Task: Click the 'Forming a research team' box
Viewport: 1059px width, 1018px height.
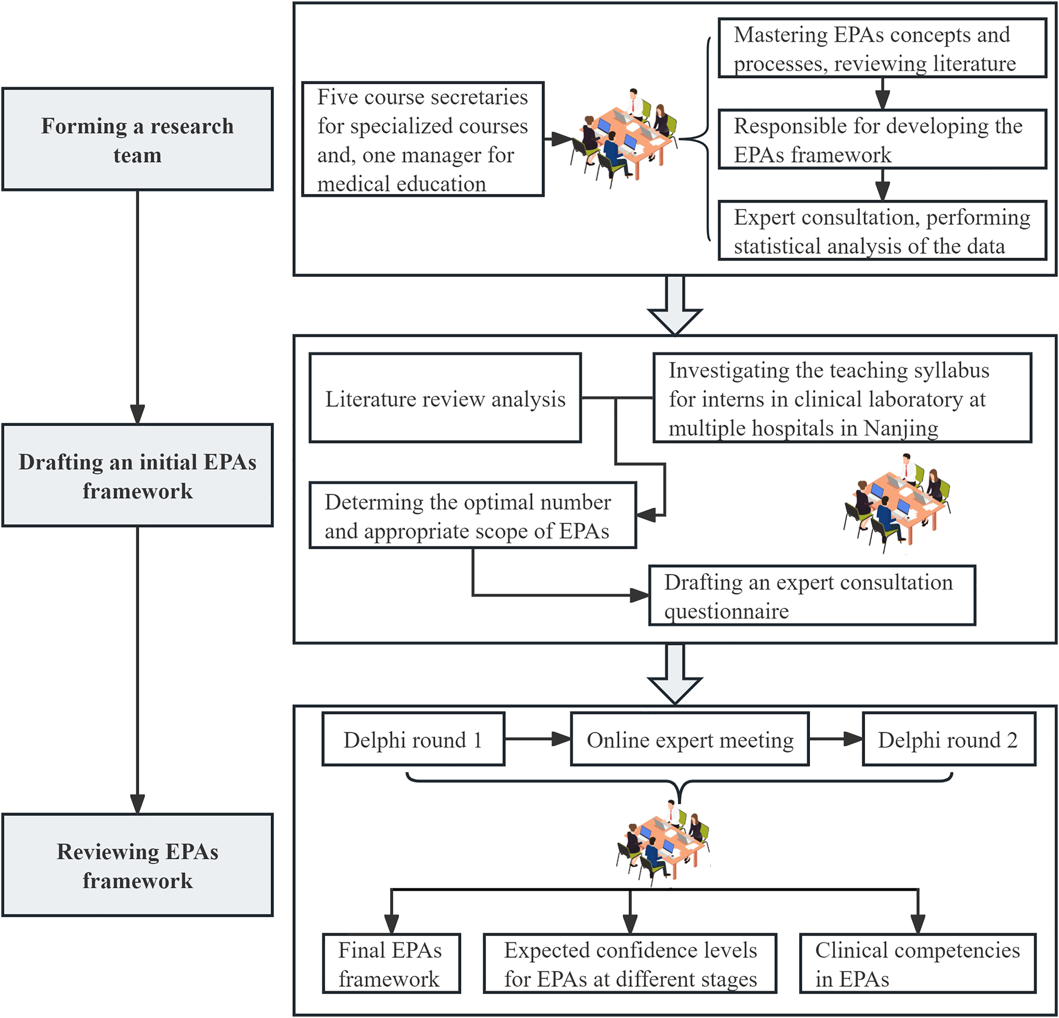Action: pyautogui.click(x=137, y=139)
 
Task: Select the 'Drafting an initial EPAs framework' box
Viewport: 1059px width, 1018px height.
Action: pyautogui.click(x=137, y=475)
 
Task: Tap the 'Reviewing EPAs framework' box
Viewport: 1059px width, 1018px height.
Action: pyautogui.click(x=137, y=865)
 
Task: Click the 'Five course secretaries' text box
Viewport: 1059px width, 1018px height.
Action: pyautogui.click(x=422, y=139)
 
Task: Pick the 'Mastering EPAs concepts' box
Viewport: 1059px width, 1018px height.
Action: pyautogui.click(x=882, y=49)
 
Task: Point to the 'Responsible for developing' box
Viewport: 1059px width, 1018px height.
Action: pyautogui.click(x=882, y=139)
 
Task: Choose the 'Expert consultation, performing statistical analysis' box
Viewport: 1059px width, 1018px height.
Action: pyautogui.click(x=882, y=231)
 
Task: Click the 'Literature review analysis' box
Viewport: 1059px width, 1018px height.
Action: pyautogui.click(x=445, y=398)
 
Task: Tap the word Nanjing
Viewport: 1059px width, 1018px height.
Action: pyautogui.click(x=901, y=428)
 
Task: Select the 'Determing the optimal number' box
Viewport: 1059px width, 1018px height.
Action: pyautogui.click(x=473, y=516)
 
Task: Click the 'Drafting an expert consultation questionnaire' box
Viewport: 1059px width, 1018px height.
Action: pyautogui.click(x=811, y=596)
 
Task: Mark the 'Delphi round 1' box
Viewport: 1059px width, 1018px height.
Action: pyautogui.click(x=413, y=739)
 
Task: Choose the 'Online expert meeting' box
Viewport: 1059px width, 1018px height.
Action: pyautogui.click(x=690, y=739)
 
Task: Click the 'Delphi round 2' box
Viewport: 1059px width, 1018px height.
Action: pyautogui.click(x=948, y=739)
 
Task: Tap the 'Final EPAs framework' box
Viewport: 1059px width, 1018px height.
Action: pyautogui.click(x=391, y=964)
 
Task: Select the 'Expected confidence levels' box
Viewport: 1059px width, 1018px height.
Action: pyautogui.click(x=630, y=964)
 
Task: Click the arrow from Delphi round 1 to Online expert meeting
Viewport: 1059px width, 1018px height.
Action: pyautogui.click(x=538, y=739)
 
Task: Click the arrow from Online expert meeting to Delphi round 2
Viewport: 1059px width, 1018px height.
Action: pyautogui.click(x=835, y=739)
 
